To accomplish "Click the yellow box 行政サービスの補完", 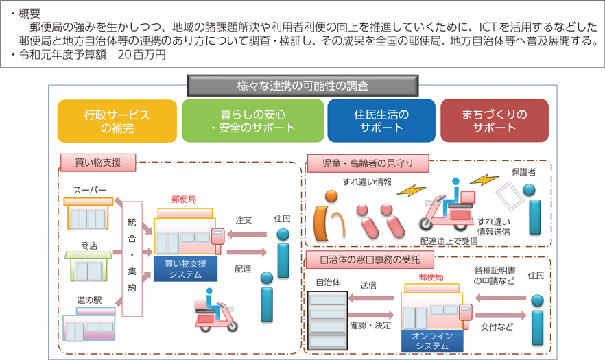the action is tap(117, 121).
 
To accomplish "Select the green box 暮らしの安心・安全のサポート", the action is tap(252, 121).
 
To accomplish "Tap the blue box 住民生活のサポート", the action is tap(381, 121).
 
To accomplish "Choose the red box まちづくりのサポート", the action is tap(495, 121).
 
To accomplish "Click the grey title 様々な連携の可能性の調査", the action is tap(303, 86).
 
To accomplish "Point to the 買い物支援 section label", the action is tap(98, 163).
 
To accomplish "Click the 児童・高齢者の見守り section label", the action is tap(368, 164).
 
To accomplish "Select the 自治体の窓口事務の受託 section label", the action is tap(370, 260).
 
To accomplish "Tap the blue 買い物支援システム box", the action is tap(186, 269).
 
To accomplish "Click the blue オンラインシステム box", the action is tap(432, 341).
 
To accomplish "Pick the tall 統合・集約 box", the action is tap(132, 259).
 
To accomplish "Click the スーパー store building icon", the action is tap(88, 213).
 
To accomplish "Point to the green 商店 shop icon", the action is tap(88, 266).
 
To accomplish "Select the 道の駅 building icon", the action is tap(89, 324).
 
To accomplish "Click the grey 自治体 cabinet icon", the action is tap(328, 320).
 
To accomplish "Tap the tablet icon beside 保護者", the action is tap(510, 195).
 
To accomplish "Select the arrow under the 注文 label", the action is tap(247, 235).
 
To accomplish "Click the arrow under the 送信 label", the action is tap(371, 298).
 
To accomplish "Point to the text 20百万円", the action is tap(141, 55).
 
